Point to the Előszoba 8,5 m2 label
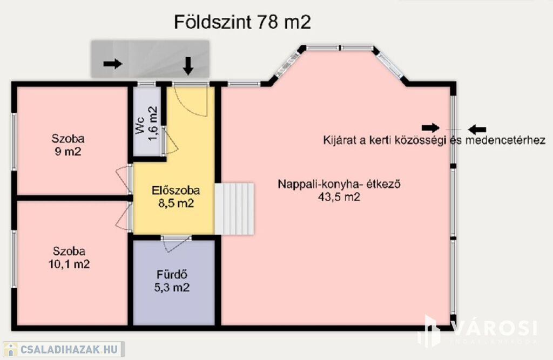pyautogui.click(x=176, y=197)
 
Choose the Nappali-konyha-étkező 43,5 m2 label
pyautogui.click(x=339, y=190)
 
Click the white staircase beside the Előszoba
pyautogui.click(x=234, y=208)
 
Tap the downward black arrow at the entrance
pyautogui.click(x=188, y=66)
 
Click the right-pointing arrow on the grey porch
pyautogui.click(x=113, y=64)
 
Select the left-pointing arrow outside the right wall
pyautogui.click(x=477, y=130)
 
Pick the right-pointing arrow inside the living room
pyautogui.click(x=430, y=128)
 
